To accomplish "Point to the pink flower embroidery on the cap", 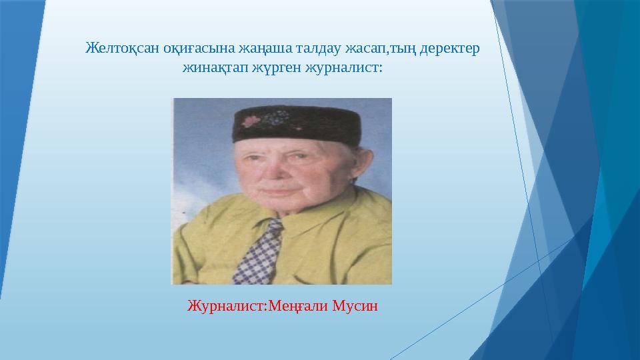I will [x=252, y=121].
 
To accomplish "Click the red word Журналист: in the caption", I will [x=227, y=307].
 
